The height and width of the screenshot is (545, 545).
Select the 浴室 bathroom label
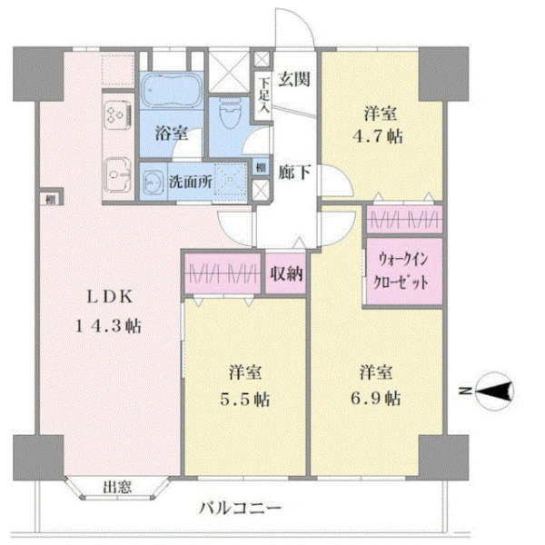pyautogui.click(x=172, y=134)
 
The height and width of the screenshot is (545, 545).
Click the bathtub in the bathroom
pyautogui.click(x=174, y=94)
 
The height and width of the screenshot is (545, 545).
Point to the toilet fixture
pyautogui.click(x=231, y=114)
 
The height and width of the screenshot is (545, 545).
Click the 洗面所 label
pyautogui.click(x=190, y=181)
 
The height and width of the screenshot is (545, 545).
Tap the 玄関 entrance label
pyautogui.click(x=293, y=79)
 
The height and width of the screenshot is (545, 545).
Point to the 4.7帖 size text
pyautogui.click(x=380, y=137)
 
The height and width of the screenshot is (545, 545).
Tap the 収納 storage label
pyautogui.click(x=285, y=273)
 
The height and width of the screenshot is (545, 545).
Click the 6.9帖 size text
pyautogui.click(x=380, y=397)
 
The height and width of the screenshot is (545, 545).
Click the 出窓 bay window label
pyautogui.click(x=115, y=486)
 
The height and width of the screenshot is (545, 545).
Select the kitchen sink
pyautogui.click(x=117, y=171)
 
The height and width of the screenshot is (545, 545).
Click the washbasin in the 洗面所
pyautogui.click(x=154, y=179)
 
